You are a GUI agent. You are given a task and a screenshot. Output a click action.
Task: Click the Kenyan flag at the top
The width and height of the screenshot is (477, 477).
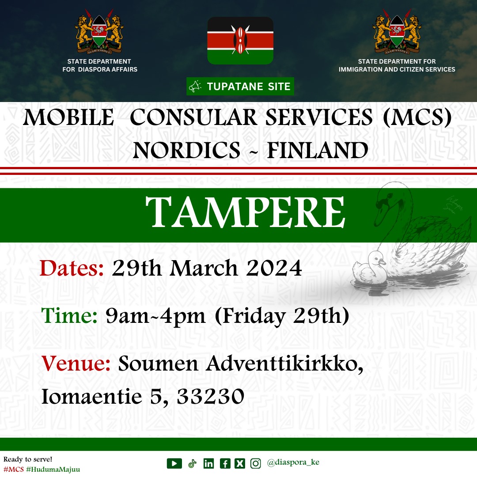pyautogui.click(x=240, y=41)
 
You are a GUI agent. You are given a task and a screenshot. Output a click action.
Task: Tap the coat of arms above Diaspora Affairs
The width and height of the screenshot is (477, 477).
pyautogui.click(x=99, y=31)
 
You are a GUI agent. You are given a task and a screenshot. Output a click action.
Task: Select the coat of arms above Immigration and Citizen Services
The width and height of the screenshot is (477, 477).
pyautogui.click(x=397, y=31)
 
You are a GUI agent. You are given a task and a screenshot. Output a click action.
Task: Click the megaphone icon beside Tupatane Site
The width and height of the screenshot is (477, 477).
pyautogui.click(x=195, y=87)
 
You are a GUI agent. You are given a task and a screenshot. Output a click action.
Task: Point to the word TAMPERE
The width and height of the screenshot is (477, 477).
pyautogui.click(x=245, y=212)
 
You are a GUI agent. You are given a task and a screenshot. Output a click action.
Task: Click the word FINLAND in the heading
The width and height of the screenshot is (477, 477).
pyautogui.click(x=317, y=150)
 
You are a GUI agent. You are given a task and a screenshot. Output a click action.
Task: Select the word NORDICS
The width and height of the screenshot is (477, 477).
pyautogui.click(x=186, y=150)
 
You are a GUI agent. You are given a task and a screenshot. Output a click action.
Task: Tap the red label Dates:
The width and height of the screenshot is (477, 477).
pyautogui.click(x=72, y=269)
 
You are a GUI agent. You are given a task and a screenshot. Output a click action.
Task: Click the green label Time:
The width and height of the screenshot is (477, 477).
pyautogui.click(x=69, y=315)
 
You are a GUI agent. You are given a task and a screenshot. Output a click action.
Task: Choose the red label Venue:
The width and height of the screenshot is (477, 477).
pyautogui.click(x=76, y=363)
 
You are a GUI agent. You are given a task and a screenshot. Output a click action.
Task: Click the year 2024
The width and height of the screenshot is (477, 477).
pyautogui.click(x=274, y=269)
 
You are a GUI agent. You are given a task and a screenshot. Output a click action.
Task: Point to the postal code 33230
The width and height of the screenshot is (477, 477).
pyautogui.click(x=211, y=396)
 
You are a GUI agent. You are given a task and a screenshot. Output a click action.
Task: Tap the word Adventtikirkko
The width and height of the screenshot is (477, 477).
pyautogui.click(x=284, y=363)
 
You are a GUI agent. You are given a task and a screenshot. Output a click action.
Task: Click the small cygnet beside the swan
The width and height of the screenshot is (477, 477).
pyautogui.click(x=371, y=268)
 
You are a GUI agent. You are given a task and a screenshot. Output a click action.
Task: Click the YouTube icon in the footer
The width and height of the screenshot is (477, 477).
pyautogui.click(x=174, y=463)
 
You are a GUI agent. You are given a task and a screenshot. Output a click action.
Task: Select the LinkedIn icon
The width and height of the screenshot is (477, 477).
pyautogui.click(x=208, y=463)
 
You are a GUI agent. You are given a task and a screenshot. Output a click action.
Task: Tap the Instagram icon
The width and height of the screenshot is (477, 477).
pyautogui.click(x=256, y=463)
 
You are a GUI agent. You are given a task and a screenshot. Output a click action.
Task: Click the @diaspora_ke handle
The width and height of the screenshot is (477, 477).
pyautogui.click(x=293, y=462)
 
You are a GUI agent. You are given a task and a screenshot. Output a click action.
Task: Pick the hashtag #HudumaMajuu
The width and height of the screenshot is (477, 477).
pyautogui.click(x=53, y=469)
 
